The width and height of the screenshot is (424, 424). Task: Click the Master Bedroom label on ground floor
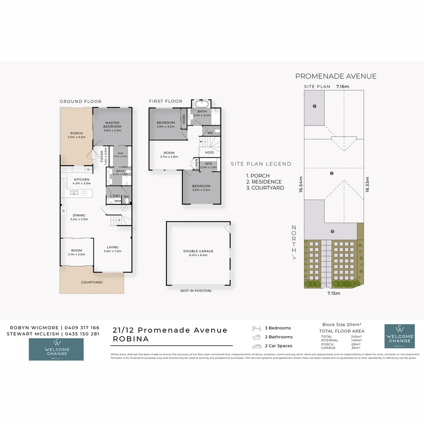coord(112,124)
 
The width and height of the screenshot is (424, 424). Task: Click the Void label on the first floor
coord(209,152)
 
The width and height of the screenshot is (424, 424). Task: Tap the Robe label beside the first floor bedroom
coord(183,119)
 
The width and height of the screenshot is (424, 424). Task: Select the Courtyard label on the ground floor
coord(92,282)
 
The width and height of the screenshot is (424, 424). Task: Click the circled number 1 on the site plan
coord(314,106)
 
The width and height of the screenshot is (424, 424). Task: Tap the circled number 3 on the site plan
coord(332,232)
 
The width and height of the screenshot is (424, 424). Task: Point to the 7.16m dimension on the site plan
coord(343,86)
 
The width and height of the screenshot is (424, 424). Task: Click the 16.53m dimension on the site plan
coord(368,184)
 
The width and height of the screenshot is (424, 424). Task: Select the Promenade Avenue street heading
coord(336,76)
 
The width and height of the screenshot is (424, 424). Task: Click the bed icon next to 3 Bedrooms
coord(256,328)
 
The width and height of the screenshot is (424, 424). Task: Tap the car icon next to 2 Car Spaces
coord(256,346)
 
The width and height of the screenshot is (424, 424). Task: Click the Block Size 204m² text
coord(342,325)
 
